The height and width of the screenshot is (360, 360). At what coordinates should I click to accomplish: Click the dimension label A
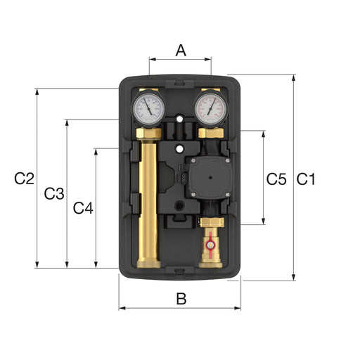pos(181,51)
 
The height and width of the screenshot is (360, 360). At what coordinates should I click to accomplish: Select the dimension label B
pos(181,299)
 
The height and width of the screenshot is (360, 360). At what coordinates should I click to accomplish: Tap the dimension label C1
pos(306,179)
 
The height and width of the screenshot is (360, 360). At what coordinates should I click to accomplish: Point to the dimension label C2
pos(24,179)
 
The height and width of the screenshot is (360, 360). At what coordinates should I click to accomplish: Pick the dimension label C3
pos(54,194)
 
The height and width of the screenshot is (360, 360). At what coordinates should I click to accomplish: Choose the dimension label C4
pos(83,208)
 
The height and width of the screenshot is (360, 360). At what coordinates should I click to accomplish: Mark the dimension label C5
pos(276,179)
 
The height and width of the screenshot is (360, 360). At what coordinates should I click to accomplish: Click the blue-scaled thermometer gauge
pos(148,108)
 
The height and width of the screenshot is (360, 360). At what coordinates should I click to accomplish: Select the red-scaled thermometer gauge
pos(211,108)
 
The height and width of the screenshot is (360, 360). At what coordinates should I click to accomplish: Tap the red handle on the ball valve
pos(210,245)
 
